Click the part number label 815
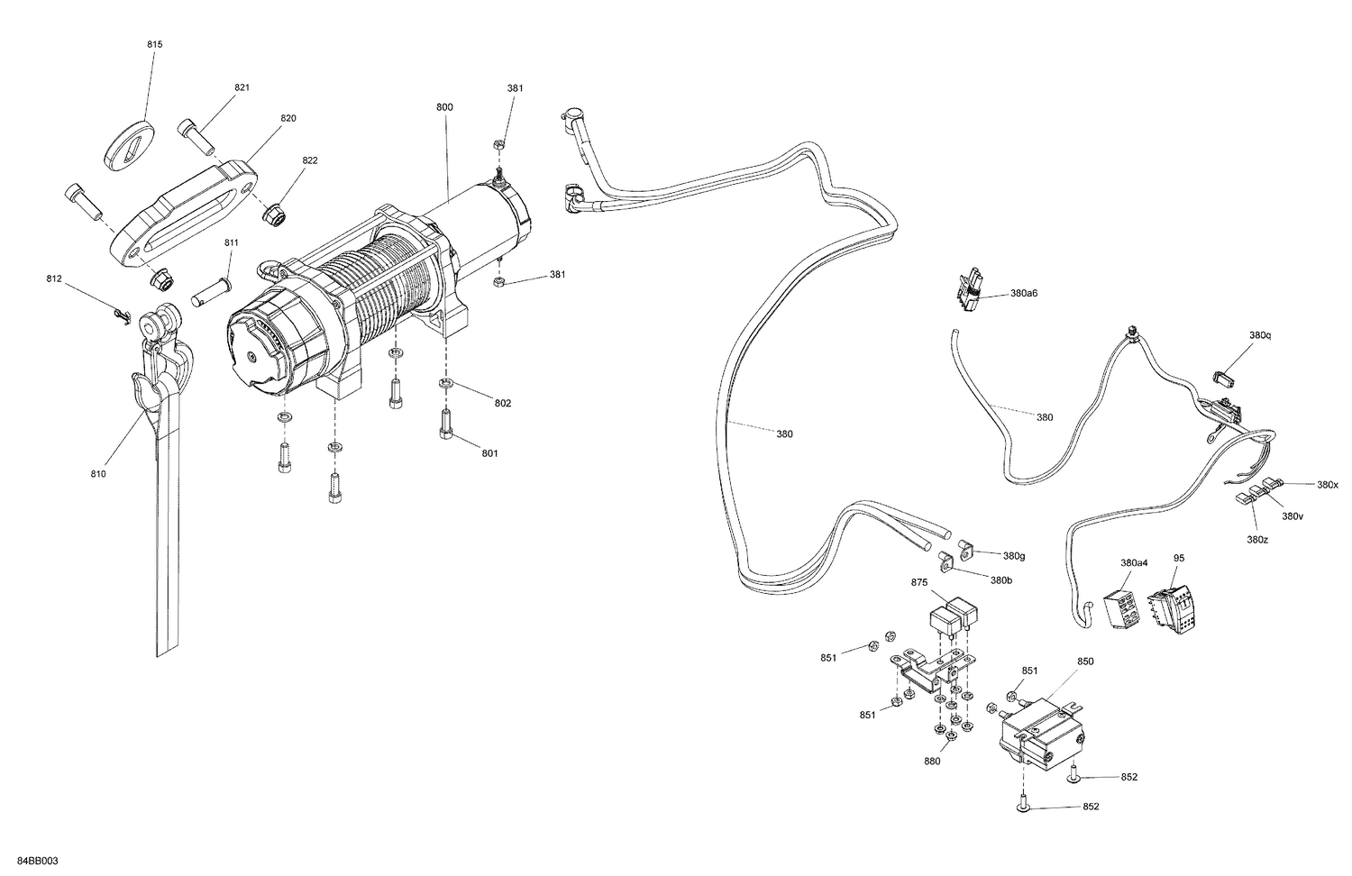155,44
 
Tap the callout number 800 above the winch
444,106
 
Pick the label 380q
1259,335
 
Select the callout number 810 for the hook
98,474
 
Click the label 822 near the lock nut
310,160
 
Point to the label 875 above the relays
919,583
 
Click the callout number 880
931,761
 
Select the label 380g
1014,555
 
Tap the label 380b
1000,580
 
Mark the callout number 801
489,453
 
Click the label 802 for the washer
502,403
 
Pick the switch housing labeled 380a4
1120,613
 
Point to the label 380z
1256,539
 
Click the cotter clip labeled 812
123,313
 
